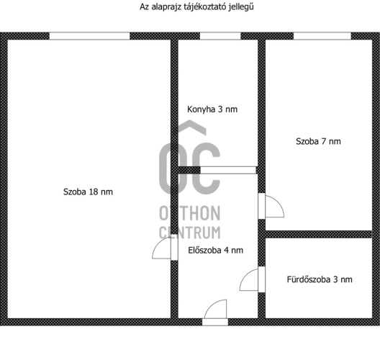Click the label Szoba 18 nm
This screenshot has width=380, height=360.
pyautogui.click(x=88, y=192)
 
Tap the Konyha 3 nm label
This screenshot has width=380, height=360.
pyautogui.click(x=212, y=109)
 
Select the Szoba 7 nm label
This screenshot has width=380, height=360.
pyautogui.click(x=318, y=141)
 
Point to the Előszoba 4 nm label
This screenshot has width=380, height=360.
pyautogui.click(x=215, y=250)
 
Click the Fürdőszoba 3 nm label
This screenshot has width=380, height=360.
pyautogui.click(x=320, y=279)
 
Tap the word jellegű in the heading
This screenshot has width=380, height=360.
pyautogui.click(x=242, y=7)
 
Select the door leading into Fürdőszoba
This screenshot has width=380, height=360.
pyautogui.click(x=253, y=279)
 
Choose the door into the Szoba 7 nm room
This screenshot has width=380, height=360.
pyautogui.click(x=271, y=206)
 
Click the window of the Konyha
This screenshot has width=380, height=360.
pyautogui.click(x=220, y=36)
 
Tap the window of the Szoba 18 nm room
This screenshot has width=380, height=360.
pyautogui.click(x=90, y=36)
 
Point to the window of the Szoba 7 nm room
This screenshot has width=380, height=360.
pyautogui.click(x=322, y=36)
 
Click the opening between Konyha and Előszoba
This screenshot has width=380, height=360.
pyautogui.click(x=228, y=170)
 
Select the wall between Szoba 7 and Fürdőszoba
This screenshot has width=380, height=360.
pyautogui.click(x=319, y=235)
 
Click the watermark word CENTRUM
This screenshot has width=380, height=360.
pyautogui.click(x=190, y=233)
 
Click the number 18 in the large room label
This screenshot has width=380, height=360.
pyautogui.click(x=94, y=192)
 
